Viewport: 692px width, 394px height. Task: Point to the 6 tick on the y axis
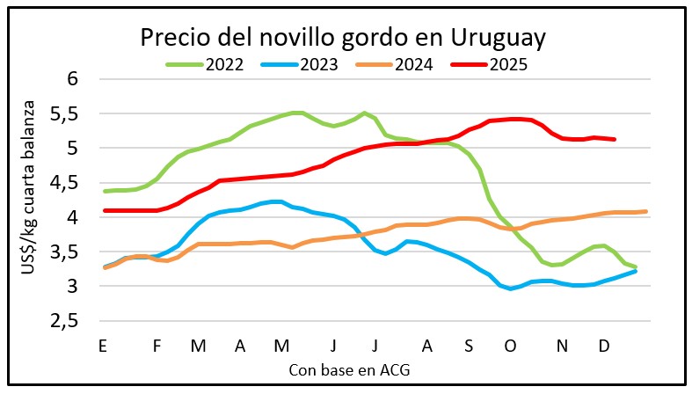[74, 79]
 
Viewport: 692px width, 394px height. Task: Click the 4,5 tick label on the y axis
[66, 183]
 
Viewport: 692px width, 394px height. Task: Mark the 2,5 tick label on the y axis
[66, 321]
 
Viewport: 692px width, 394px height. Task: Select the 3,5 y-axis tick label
[66, 252]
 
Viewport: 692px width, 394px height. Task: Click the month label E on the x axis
[103, 346]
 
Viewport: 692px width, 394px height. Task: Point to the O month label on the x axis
[509, 346]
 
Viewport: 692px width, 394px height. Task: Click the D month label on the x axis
[604, 346]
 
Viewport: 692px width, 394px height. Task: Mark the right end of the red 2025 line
[614, 139]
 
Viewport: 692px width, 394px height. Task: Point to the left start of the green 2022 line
[104, 191]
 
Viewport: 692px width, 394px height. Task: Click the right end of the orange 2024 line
[646, 211]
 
